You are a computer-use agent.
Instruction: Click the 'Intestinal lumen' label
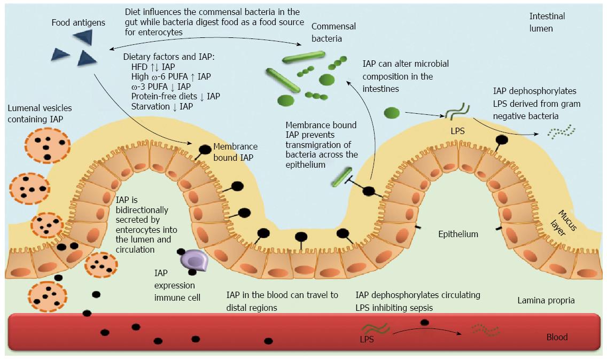pos(547,22)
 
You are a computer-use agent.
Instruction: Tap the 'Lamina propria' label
pos(546,300)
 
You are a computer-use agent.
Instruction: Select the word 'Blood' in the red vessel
pos(557,337)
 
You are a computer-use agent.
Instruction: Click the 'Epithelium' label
pos(458,234)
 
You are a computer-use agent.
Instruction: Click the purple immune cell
pos(194,260)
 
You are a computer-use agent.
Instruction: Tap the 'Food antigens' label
pos(78,23)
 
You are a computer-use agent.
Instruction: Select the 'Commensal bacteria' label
pos(333,33)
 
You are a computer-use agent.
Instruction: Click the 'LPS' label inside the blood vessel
pos(367,340)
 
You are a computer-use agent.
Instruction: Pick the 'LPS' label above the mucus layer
pos(457,131)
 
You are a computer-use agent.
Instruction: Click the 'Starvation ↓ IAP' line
pos(162,106)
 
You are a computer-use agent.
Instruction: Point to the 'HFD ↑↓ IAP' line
pos(153,67)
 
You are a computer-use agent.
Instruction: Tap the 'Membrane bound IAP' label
pos(235,152)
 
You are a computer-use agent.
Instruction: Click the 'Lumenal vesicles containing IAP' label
pos(40,114)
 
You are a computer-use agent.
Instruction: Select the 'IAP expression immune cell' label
pos(177,285)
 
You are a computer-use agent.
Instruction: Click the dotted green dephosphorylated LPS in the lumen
pos(562,131)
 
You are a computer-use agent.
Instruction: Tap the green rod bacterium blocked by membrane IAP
pos(342,177)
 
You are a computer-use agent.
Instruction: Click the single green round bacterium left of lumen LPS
pos(391,113)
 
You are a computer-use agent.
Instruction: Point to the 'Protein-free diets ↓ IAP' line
pos(175,96)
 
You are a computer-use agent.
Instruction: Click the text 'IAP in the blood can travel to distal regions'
pos(282,301)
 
